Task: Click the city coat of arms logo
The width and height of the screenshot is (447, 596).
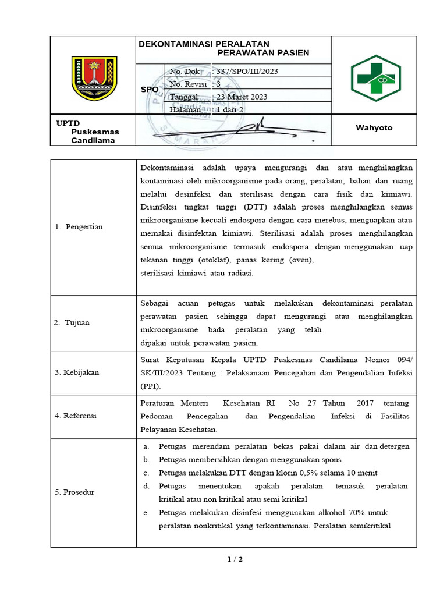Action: coord(94,77)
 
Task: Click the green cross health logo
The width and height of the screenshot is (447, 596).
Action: coord(375,78)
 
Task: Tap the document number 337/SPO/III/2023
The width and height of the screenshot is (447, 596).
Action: coord(247,71)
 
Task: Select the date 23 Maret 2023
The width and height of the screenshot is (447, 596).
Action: coord(242,97)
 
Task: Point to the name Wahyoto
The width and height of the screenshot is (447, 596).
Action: coord(374,128)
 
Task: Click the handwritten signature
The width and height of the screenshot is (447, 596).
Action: coord(233,129)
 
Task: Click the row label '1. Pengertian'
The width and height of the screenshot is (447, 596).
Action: coord(84,227)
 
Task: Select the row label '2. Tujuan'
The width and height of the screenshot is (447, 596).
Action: coord(77,322)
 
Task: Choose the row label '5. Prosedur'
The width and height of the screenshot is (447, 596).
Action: coord(79,492)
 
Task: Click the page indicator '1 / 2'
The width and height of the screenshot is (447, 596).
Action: coord(234,560)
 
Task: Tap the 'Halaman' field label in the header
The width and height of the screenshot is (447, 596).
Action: coord(185,109)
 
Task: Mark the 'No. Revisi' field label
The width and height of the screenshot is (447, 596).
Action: coord(189,84)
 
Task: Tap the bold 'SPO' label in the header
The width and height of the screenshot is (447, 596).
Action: coord(150,90)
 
